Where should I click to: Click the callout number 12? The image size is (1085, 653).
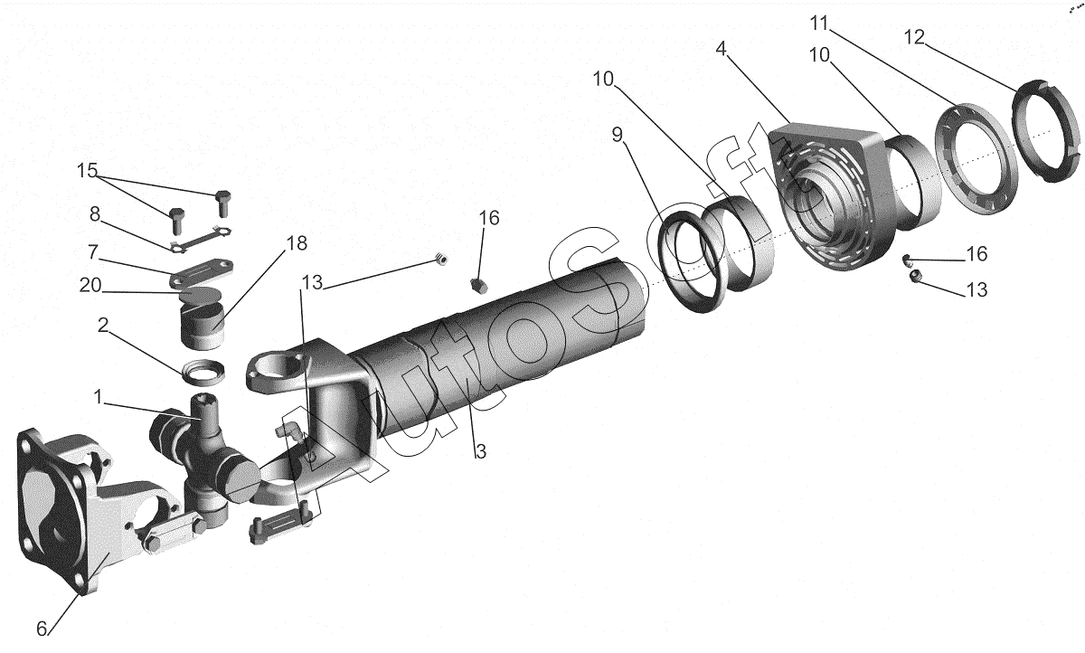click(x=914, y=37)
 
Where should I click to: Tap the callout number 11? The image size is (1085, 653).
click(x=819, y=23)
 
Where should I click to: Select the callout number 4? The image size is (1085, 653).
click(x=722, y=49)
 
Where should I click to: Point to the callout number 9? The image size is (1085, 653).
click(x=617, y=134)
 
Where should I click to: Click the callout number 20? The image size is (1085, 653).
click(x=90, y=285)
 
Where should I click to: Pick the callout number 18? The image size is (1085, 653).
click(x=297, y=243)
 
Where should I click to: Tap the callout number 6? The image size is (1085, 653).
click(x=42, y=629)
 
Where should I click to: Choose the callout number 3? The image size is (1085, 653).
click(x=480, y=451)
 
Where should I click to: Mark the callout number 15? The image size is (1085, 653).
click(x=87, y=170)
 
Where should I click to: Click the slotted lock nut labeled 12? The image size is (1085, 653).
click(x=1045, y=131)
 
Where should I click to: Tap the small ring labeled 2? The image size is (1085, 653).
click(x=203, y=373)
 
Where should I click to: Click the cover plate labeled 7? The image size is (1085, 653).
click(x=201, y=273)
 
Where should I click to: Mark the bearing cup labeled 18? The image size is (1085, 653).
click(x=204, y=324)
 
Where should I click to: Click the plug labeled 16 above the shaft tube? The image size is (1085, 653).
click(x=479, y=286)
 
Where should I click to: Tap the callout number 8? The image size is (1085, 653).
click(x=94, y=213)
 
